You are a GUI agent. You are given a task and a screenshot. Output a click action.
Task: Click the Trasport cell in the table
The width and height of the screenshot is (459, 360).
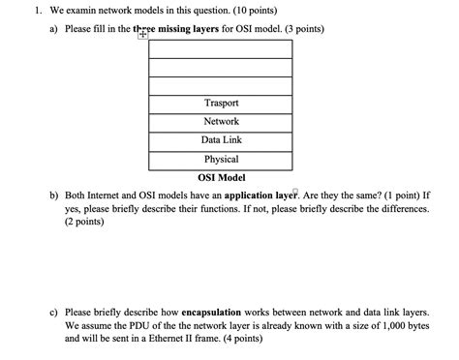[221, 103]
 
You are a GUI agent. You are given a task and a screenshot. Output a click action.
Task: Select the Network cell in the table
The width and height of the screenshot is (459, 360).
[221, 121]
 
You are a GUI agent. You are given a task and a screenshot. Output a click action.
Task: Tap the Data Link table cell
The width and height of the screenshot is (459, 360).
[221, 140]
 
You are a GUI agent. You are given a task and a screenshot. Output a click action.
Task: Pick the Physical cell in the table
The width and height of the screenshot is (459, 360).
[221, 159]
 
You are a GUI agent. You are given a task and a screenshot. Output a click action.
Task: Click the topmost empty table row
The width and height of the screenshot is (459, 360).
[221, 47]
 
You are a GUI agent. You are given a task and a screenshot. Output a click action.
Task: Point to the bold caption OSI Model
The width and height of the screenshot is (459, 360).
[221, 177]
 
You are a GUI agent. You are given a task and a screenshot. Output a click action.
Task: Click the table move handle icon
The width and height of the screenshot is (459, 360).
[143, 34]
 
